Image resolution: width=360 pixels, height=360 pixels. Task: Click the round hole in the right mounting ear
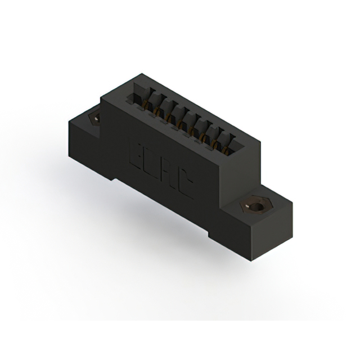pos(256,206)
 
